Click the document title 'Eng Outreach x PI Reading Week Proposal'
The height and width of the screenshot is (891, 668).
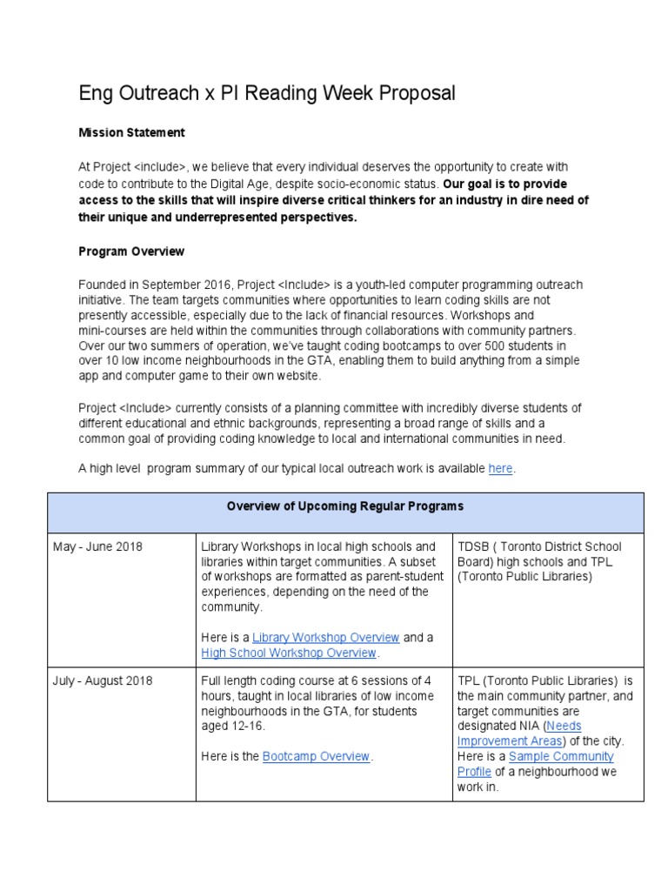(266, 93)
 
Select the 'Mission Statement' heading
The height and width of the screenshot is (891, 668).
(131, 133)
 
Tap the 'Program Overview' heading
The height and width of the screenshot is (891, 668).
(131, 251)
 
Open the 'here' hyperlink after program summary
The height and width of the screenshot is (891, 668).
(500, 468)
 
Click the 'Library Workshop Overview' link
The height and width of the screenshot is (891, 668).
(325, 637)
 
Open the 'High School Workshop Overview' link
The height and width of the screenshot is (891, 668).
(289, 653)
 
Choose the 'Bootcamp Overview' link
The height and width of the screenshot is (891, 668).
(317, 756)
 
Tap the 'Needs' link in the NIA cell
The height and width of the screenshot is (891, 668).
(565, 726)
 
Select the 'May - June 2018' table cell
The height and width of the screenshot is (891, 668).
(97, 546)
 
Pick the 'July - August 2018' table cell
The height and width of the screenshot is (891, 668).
(103, 680)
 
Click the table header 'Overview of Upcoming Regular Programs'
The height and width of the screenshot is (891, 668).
(345, 506)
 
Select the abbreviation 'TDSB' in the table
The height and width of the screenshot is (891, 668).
(474, 546)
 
